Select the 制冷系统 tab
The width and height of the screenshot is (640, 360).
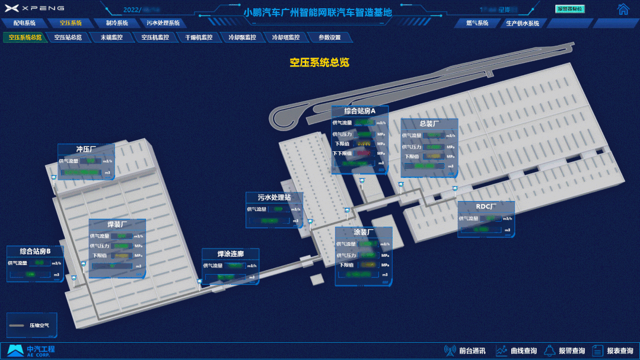(x=117, y=23)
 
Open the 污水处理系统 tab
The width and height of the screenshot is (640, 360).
(x=163, y=23)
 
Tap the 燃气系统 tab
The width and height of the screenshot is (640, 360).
(x=477, y=23)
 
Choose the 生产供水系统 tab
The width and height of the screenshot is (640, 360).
(x=523, y=23)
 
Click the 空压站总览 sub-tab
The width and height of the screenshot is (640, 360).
(x=68, y=37)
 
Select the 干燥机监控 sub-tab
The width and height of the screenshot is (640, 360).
(x=199, y=37)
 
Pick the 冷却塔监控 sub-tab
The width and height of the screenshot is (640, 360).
(x=286, y=37)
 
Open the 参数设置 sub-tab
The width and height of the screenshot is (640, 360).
(x=330, y=37)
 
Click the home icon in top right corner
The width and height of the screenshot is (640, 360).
(x=623, y=9)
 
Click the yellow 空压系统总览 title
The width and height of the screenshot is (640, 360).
(x=319, y=62)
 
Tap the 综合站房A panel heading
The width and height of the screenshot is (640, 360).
(x=359, y=111)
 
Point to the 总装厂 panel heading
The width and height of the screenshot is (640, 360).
(x=429, y=124)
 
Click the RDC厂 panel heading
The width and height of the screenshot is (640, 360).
(x=486, y=206)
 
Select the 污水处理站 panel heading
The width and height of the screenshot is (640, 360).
(x=275, y=197)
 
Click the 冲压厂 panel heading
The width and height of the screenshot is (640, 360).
(x=86, y=149)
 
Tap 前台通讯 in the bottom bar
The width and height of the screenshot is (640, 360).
(x=466, y=351)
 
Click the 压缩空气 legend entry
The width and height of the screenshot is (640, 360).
(x=32, y=325)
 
